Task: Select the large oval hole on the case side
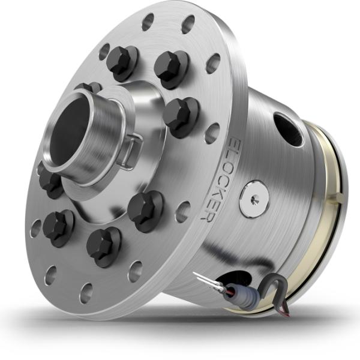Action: pyautogui.click(x=287, y=128)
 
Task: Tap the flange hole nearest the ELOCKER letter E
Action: pyautogui.click(x=211, y=133)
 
